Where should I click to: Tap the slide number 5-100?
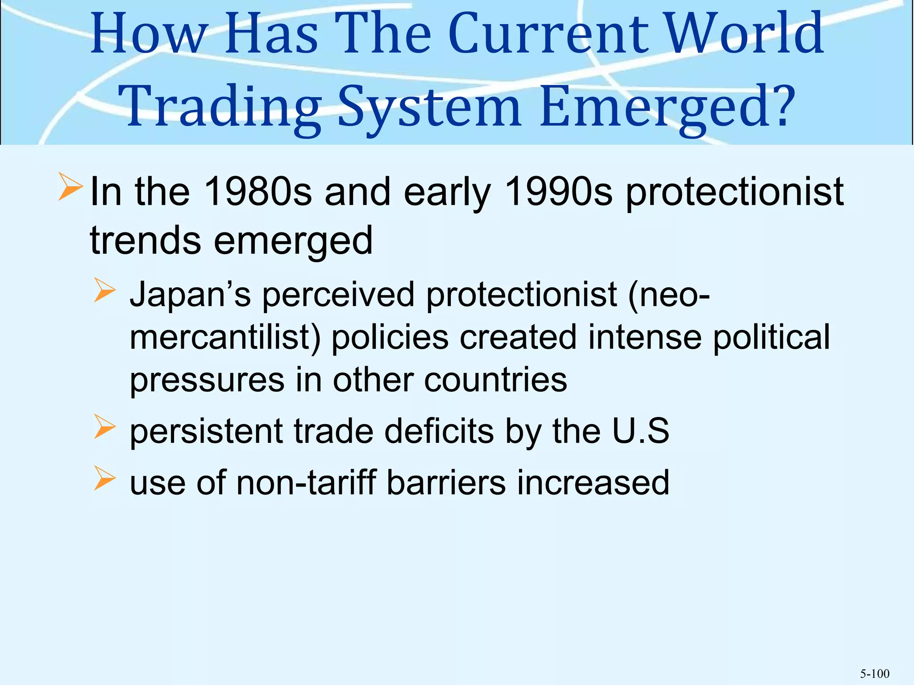coord(874,673)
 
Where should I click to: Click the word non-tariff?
coord(306,483)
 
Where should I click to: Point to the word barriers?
coord(446,483)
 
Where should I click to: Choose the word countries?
coord(495,380)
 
